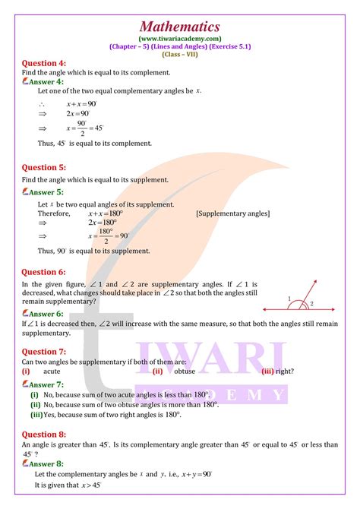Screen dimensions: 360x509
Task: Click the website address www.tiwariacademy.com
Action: pyautogui.click(x=180, y=38)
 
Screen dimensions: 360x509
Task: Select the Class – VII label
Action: pyautogui.click(x=180, y=54)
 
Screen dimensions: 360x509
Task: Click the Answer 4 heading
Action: pyautogui.click(x=46, y=81)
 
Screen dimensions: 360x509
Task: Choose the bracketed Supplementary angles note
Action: pyautogui.click(x=232, y=214)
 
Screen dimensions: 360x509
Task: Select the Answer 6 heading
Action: pyautogui.click(x=46, y=313)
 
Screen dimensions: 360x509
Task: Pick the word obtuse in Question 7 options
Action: pyautogui.click(x=185, y=371)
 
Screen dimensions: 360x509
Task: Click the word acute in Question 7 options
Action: pyautogui.click(x=52, y=371)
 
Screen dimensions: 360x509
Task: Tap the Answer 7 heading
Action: pyautogui.click(x=46, y=385)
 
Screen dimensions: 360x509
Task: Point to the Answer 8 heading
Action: pyautogui.click(x=46, y=463)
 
